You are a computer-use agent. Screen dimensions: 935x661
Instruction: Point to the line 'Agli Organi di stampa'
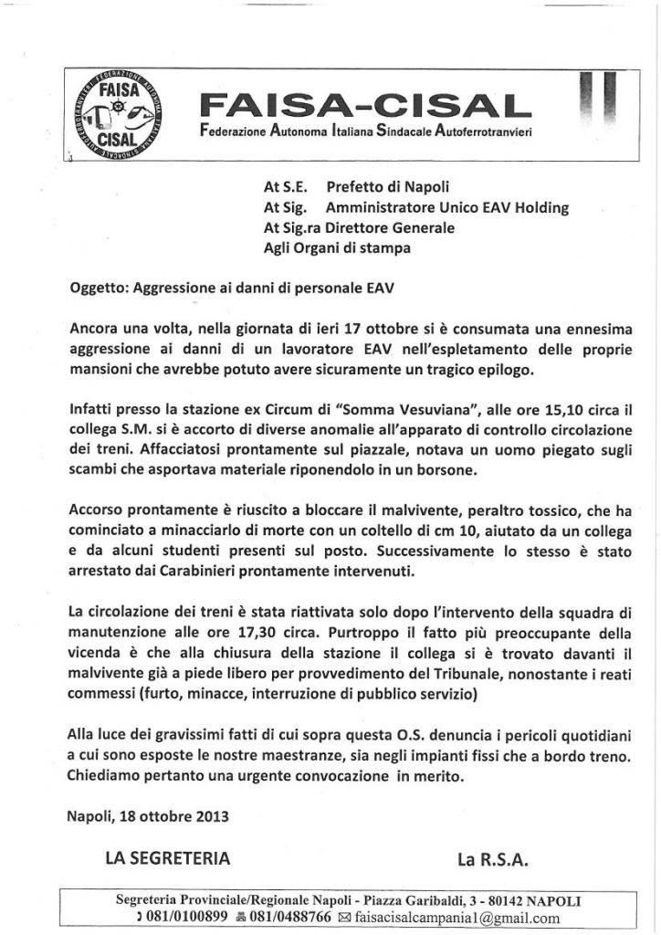coord(336,247)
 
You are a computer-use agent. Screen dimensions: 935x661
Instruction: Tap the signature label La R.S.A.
coord(495,858)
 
